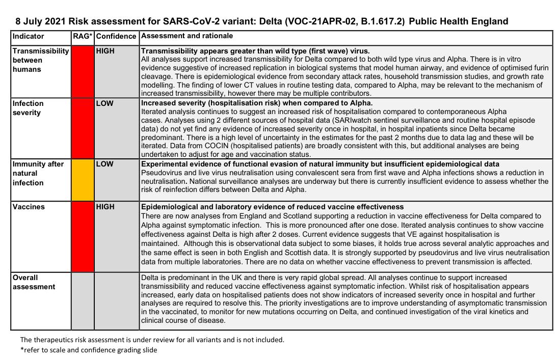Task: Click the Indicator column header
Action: [x=28, y=37]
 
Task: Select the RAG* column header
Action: [x=83, y=37]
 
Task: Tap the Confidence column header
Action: [x=116, y=37]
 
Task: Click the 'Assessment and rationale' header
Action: [x=187, y=36]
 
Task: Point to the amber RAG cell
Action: [x=83, y=180]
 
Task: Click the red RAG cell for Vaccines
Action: [x=83, y=236]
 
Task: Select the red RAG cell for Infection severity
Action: [x=83, y=128]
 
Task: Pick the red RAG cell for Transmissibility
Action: [x=83, y=71]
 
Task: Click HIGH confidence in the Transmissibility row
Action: [x=105, y=51]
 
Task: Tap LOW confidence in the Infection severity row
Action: [x=105, y=103]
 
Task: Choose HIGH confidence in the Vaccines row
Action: [x=105, y=207]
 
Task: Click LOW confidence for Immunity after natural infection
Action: [x=105, y=164]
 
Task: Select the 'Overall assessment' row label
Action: [x=34, y=282]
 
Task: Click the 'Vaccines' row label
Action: [x=29, y=207]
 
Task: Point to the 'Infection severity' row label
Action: [x=28, y=108]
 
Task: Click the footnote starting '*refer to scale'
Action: [x=89, y=350]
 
